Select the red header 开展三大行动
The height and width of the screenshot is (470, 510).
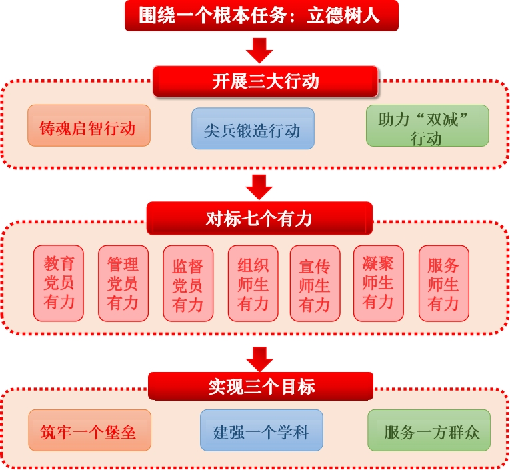(265, 81)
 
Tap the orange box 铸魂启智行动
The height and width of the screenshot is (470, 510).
(89, 126)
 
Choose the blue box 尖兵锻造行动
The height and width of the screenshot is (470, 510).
(253, 129)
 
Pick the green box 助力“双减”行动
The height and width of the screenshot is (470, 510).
(427, 127)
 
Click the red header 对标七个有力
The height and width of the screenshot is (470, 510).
(259, 218)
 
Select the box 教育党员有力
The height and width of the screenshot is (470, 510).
(59, 283)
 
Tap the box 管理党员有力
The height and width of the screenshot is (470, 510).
(123, 283)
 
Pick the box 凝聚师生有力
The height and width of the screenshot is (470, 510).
(378, 283)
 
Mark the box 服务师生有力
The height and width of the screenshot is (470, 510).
(443, 283)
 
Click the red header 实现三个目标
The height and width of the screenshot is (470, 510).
(261, 387)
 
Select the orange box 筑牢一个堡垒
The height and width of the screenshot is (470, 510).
(89, 431)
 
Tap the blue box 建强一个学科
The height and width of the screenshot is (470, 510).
(261, 431)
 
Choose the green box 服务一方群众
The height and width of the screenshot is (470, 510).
(431, 431)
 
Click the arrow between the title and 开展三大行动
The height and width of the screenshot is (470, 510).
(259, 49)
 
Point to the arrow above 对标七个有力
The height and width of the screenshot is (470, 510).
(259, 186)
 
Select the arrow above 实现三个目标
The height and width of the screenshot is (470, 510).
(259, 357)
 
